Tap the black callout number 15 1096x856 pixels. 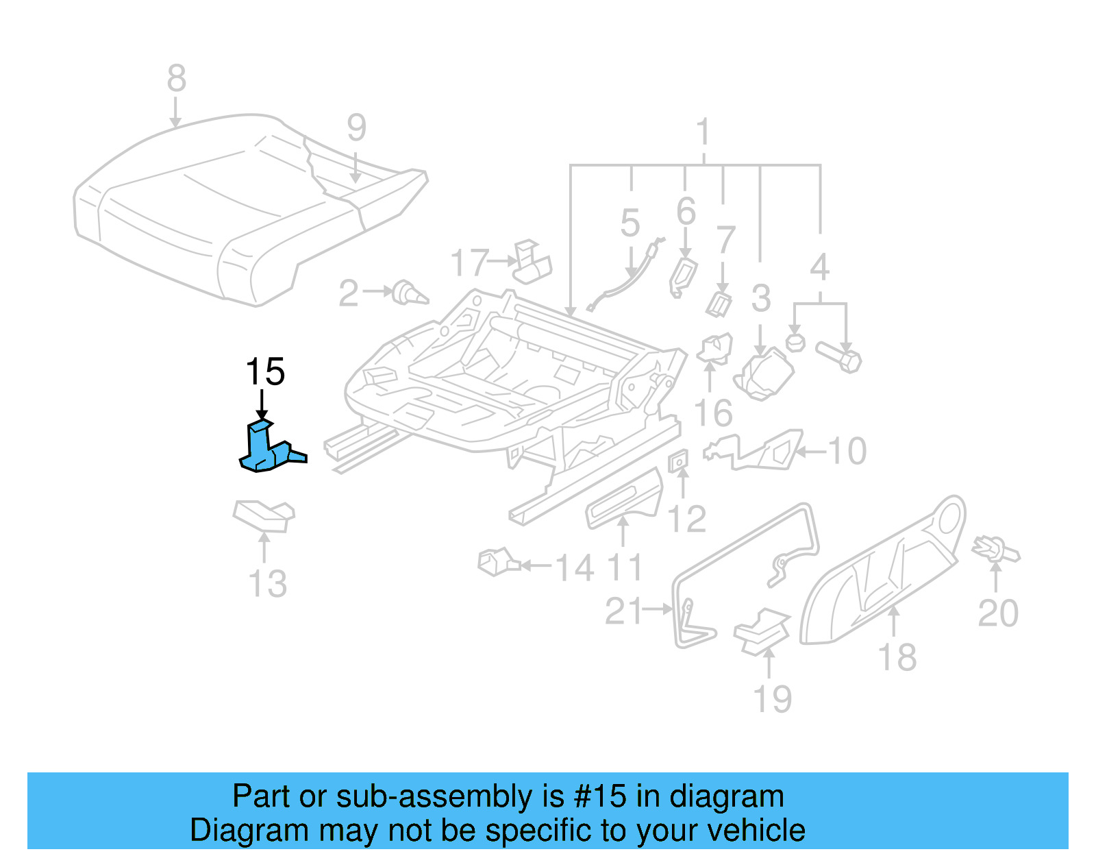click(265, 372)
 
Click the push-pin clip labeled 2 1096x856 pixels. click(410, 293)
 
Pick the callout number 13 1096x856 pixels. click(267, 584)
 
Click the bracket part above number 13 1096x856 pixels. click(264, 515)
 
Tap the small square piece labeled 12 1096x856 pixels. click(677, 462)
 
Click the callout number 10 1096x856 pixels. click(847, 451)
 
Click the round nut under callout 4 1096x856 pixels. click(795, 341)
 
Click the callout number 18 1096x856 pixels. click(897, 657)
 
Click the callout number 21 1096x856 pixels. click(624, 611)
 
